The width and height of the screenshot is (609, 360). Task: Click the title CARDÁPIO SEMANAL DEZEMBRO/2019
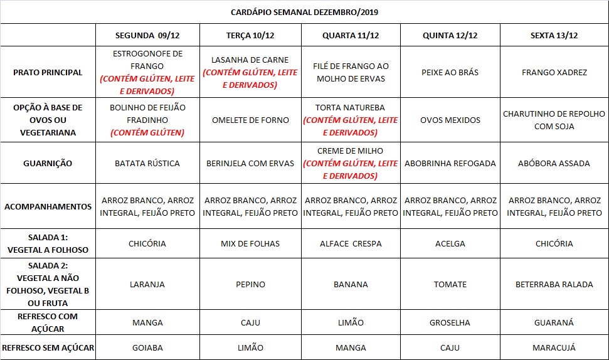[x=304, y=12]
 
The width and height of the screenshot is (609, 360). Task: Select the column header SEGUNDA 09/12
[x=148, y=35]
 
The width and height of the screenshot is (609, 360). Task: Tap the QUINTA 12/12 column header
[x=450, y=35]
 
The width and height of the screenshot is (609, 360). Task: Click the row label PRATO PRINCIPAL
[x=48, y=72]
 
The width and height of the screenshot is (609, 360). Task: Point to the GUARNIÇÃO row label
[x=48, y=163]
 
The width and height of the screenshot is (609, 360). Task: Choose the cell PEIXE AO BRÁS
[x=450, y=72]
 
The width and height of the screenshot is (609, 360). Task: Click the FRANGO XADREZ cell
[x=554, y=72]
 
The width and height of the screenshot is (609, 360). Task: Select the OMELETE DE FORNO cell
[x=250, y=120]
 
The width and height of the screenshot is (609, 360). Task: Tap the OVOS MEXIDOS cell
[x=450, y=120]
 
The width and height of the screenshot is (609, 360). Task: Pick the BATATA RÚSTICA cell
[x=147, y=163]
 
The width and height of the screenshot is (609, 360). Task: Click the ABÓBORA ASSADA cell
[x=554, y=163]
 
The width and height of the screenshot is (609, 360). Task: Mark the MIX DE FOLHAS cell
[x=250, y=243]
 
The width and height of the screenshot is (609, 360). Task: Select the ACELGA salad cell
[x=450, y=243]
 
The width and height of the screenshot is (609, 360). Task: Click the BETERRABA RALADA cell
[x=554, y=284]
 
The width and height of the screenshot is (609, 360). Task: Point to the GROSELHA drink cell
[x=450, y=322]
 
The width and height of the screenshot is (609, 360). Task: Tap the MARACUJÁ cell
[x=554, y=347]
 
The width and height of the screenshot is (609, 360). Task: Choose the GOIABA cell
[x=147, y=347]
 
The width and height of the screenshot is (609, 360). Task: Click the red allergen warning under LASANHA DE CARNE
[x=250, y=79]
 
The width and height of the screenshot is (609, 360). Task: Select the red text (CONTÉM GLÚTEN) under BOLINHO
[x=147, y=132]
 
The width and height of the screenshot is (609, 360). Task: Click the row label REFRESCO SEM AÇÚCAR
[x=48, y=347]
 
